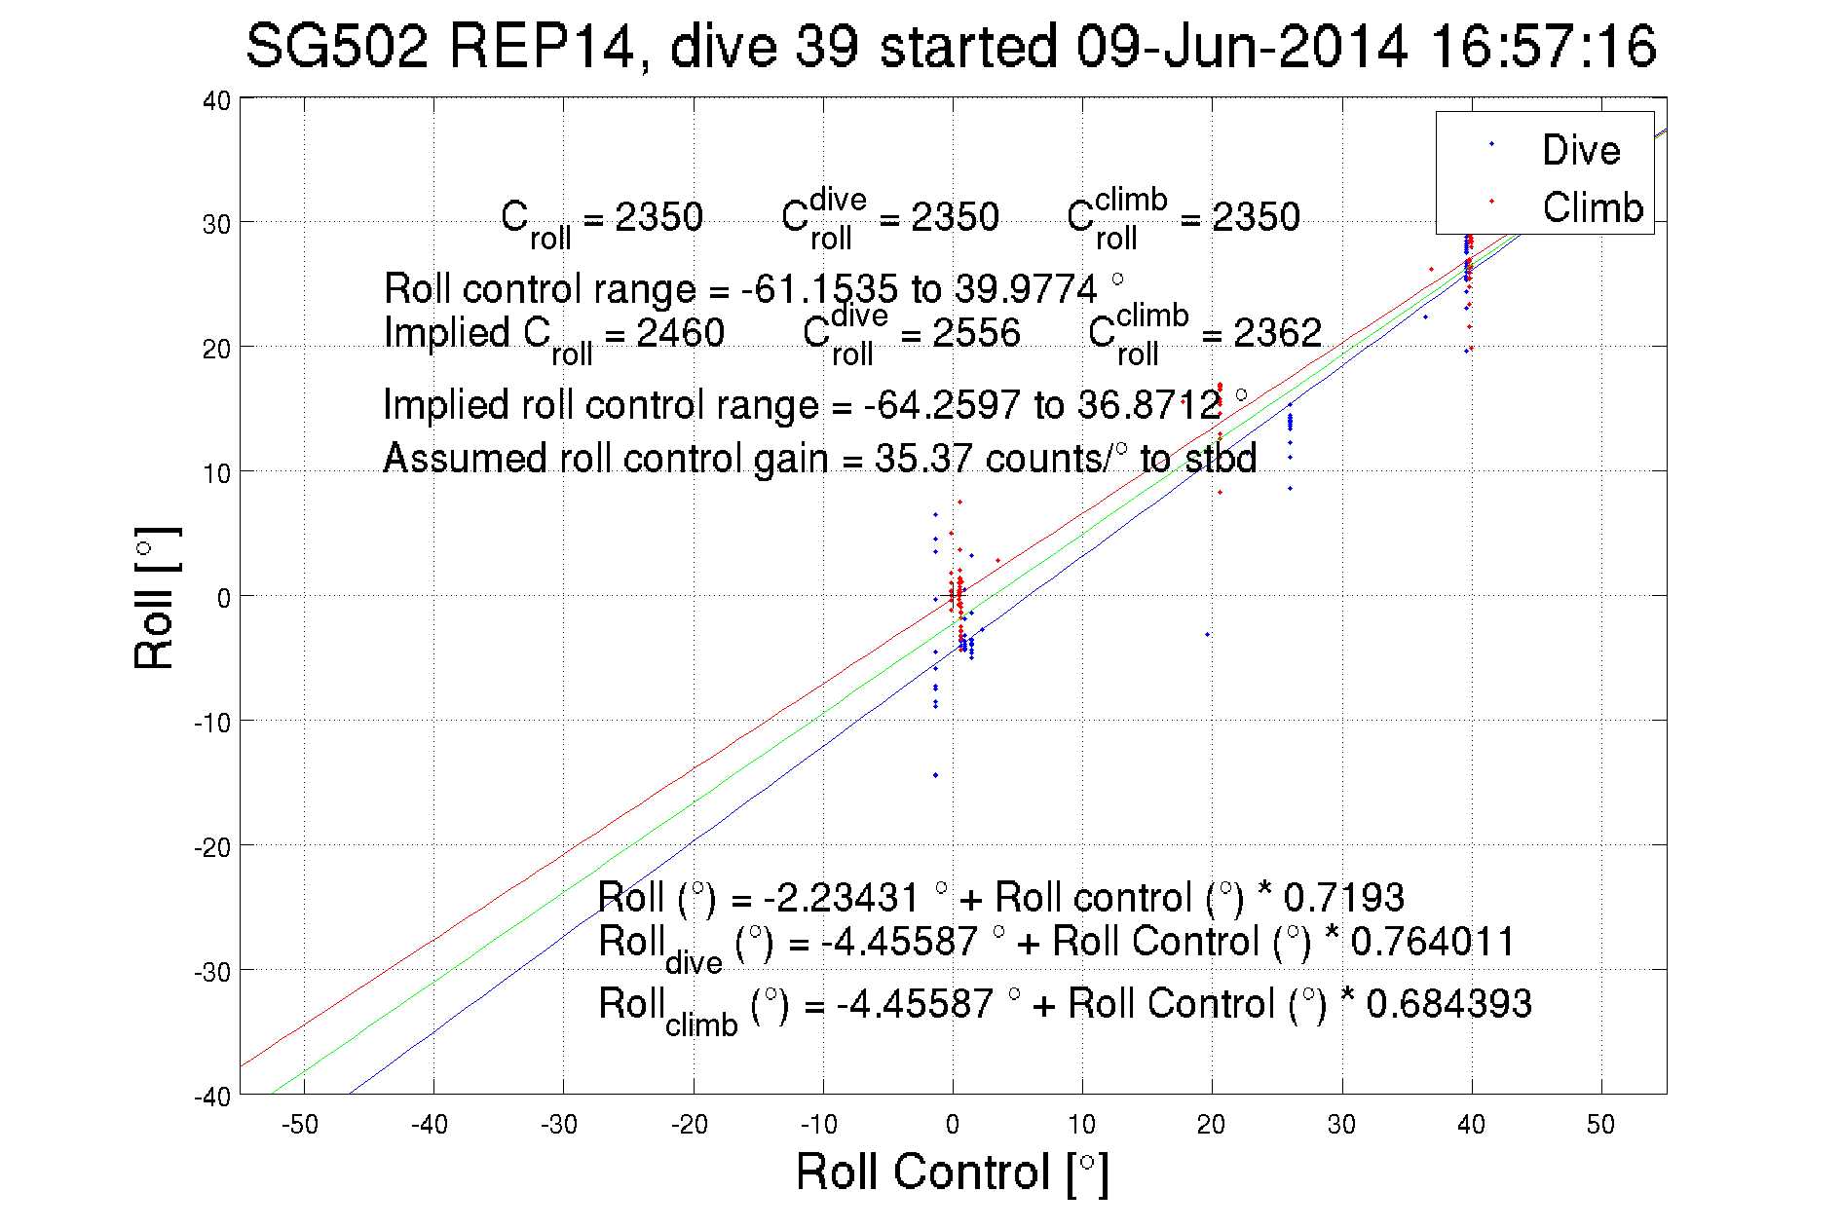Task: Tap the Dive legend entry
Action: pyautogui.click(x=1580, y=150)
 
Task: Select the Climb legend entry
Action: pyautogui.click(x=1592, y=207)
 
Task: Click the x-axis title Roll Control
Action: pyautogui.click(x=951, y=1172)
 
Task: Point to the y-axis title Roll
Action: pyautogui.click(x=155, y=597)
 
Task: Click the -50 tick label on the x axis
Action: pyautogui.click(x=300, y=1125)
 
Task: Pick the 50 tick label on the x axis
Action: pyautogui.click(x=1600, y=1125)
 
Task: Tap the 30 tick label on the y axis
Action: pyautogui.click(x=216, y=224)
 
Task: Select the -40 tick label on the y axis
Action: pyautogui.click(x=212, y=1097)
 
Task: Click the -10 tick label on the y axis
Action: pyautogui.click(x=212, y=723)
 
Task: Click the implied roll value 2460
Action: pyautogui.click(x=680, y=333)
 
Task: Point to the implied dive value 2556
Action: pyautogui.click(x=976, y=333)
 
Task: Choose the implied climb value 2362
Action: pyautogui.click(x=1277, y=333)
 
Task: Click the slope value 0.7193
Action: pyautogui.click(x=1343, y=897)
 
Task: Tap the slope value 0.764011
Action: pyautogui.click(x=1432, y=942)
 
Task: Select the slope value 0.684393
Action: pyautogui.click(x=1448, y=1004)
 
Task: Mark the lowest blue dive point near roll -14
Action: pyautogui.click(x=935, y=775)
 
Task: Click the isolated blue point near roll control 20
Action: pyautogui.click(x=1208, y=634)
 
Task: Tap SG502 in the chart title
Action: pyautogui.click(x=337, y=47)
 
